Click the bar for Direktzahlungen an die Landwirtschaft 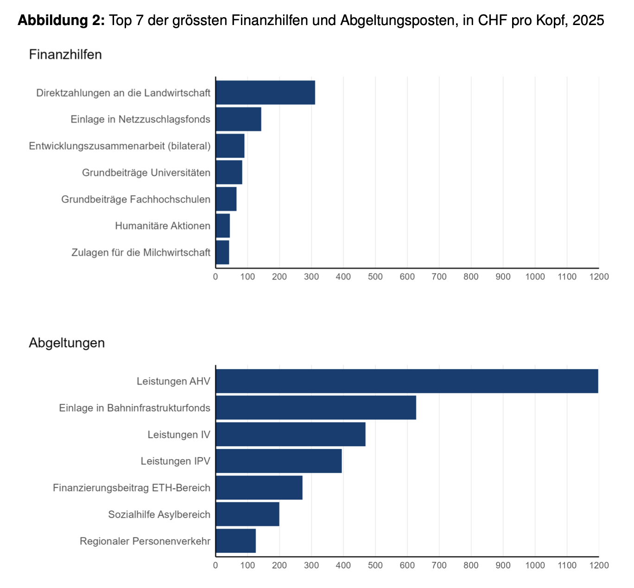pyautogui.click(x=265, y=92)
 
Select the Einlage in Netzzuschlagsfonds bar pyautogui.click(x=238, y=119)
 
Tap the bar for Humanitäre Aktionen pyautogui.click(x=223, y=226)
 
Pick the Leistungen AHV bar pyautogui.click(x=407, y=381)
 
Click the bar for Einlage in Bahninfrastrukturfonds pyautogui.click(x=316, y=408)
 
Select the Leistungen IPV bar pyautogui.click(x=279, y=461)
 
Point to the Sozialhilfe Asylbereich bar pyautogui.click(x=247, y=514)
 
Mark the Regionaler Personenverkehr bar pyautogui.click(x=235, y=541)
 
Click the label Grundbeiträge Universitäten pyautogui.click(x=146, y=173)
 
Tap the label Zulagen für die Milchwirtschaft pyautogui.click(x=141, y=252)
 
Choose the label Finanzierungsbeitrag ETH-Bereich pyautogui.click(x=132, y=488)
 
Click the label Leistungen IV pyautogui.click(x=179, y=435)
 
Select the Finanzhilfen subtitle pyautogui.click(x=65, y=54)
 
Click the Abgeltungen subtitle pyautogui.click(x=67, y=343)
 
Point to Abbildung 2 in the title pyautogui.click(x=61, y=20)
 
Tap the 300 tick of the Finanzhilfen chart pyautogui.click(x=311, y=277)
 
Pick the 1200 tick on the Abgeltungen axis pyautogui.click(x=599, y=565)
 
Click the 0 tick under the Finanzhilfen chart pyautogui.click(x=216, y=277)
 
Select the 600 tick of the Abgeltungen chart pyautogui.click(x=407, y=565)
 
